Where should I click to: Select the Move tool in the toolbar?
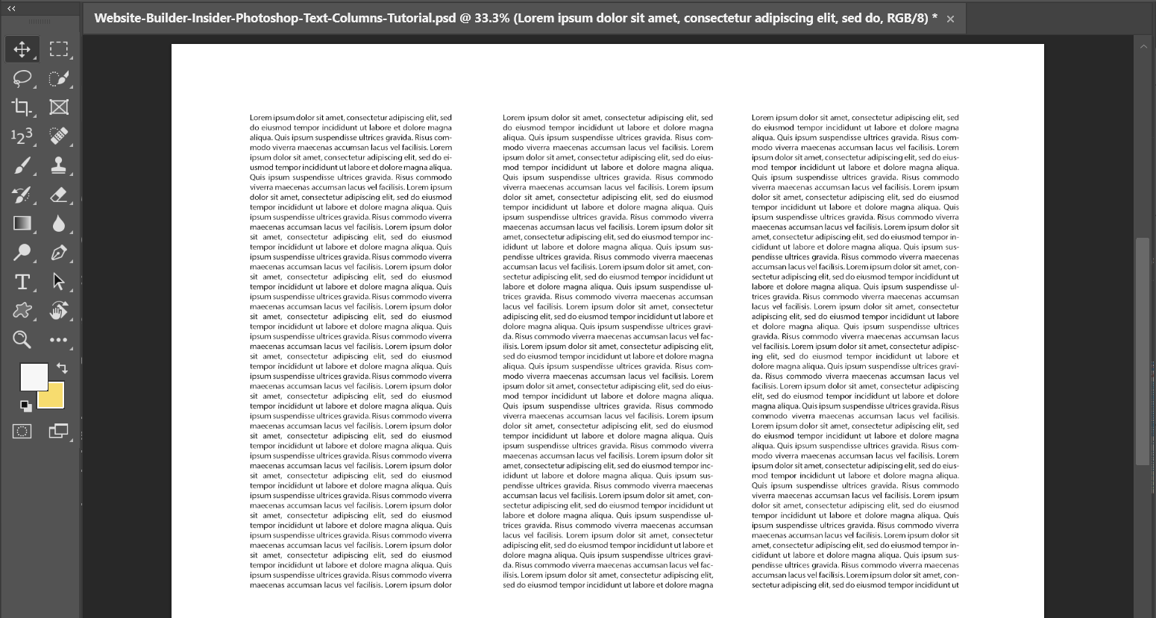tap(22, 49)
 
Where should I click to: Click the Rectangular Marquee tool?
tap(59, 49)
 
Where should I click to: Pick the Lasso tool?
tap(22, 78)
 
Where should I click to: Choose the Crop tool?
tap(22, 107)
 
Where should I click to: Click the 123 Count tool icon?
tap(22, 136)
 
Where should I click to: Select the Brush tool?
tap(22, 165)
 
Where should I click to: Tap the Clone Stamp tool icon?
tap(59, 165)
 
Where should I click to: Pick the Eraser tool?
tap(59, 195)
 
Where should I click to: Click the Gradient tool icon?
tap(22, 224)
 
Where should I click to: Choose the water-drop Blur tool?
tap(59, 224)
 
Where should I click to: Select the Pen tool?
tap(59, 253)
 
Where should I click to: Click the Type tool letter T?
tap(22, 282)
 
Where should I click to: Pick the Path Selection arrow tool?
tap(59, 282)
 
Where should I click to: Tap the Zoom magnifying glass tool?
tap(22, 340)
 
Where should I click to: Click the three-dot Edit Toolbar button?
tap(59, 340)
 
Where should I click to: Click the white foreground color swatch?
tap(33, 376)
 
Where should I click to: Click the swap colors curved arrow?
tap(62, 368)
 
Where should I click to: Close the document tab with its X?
tap(950, 19)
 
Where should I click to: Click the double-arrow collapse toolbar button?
tap(11, 8)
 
